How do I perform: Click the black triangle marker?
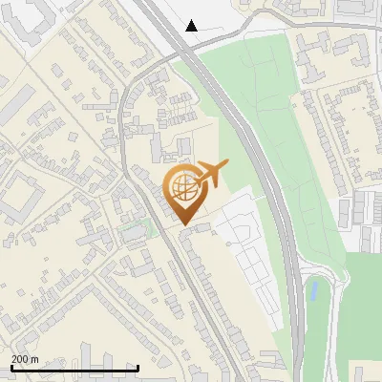(192, 26)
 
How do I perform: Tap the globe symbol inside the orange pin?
(183, 187)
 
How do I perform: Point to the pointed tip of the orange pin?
(183, 225)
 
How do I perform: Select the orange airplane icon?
(210, 175)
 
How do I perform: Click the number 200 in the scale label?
(20, 359)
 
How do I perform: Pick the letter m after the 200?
(35, 359)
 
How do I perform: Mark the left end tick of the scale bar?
(11, 368)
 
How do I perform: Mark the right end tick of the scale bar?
(138, 368)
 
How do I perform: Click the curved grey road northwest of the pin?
(127, 105)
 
